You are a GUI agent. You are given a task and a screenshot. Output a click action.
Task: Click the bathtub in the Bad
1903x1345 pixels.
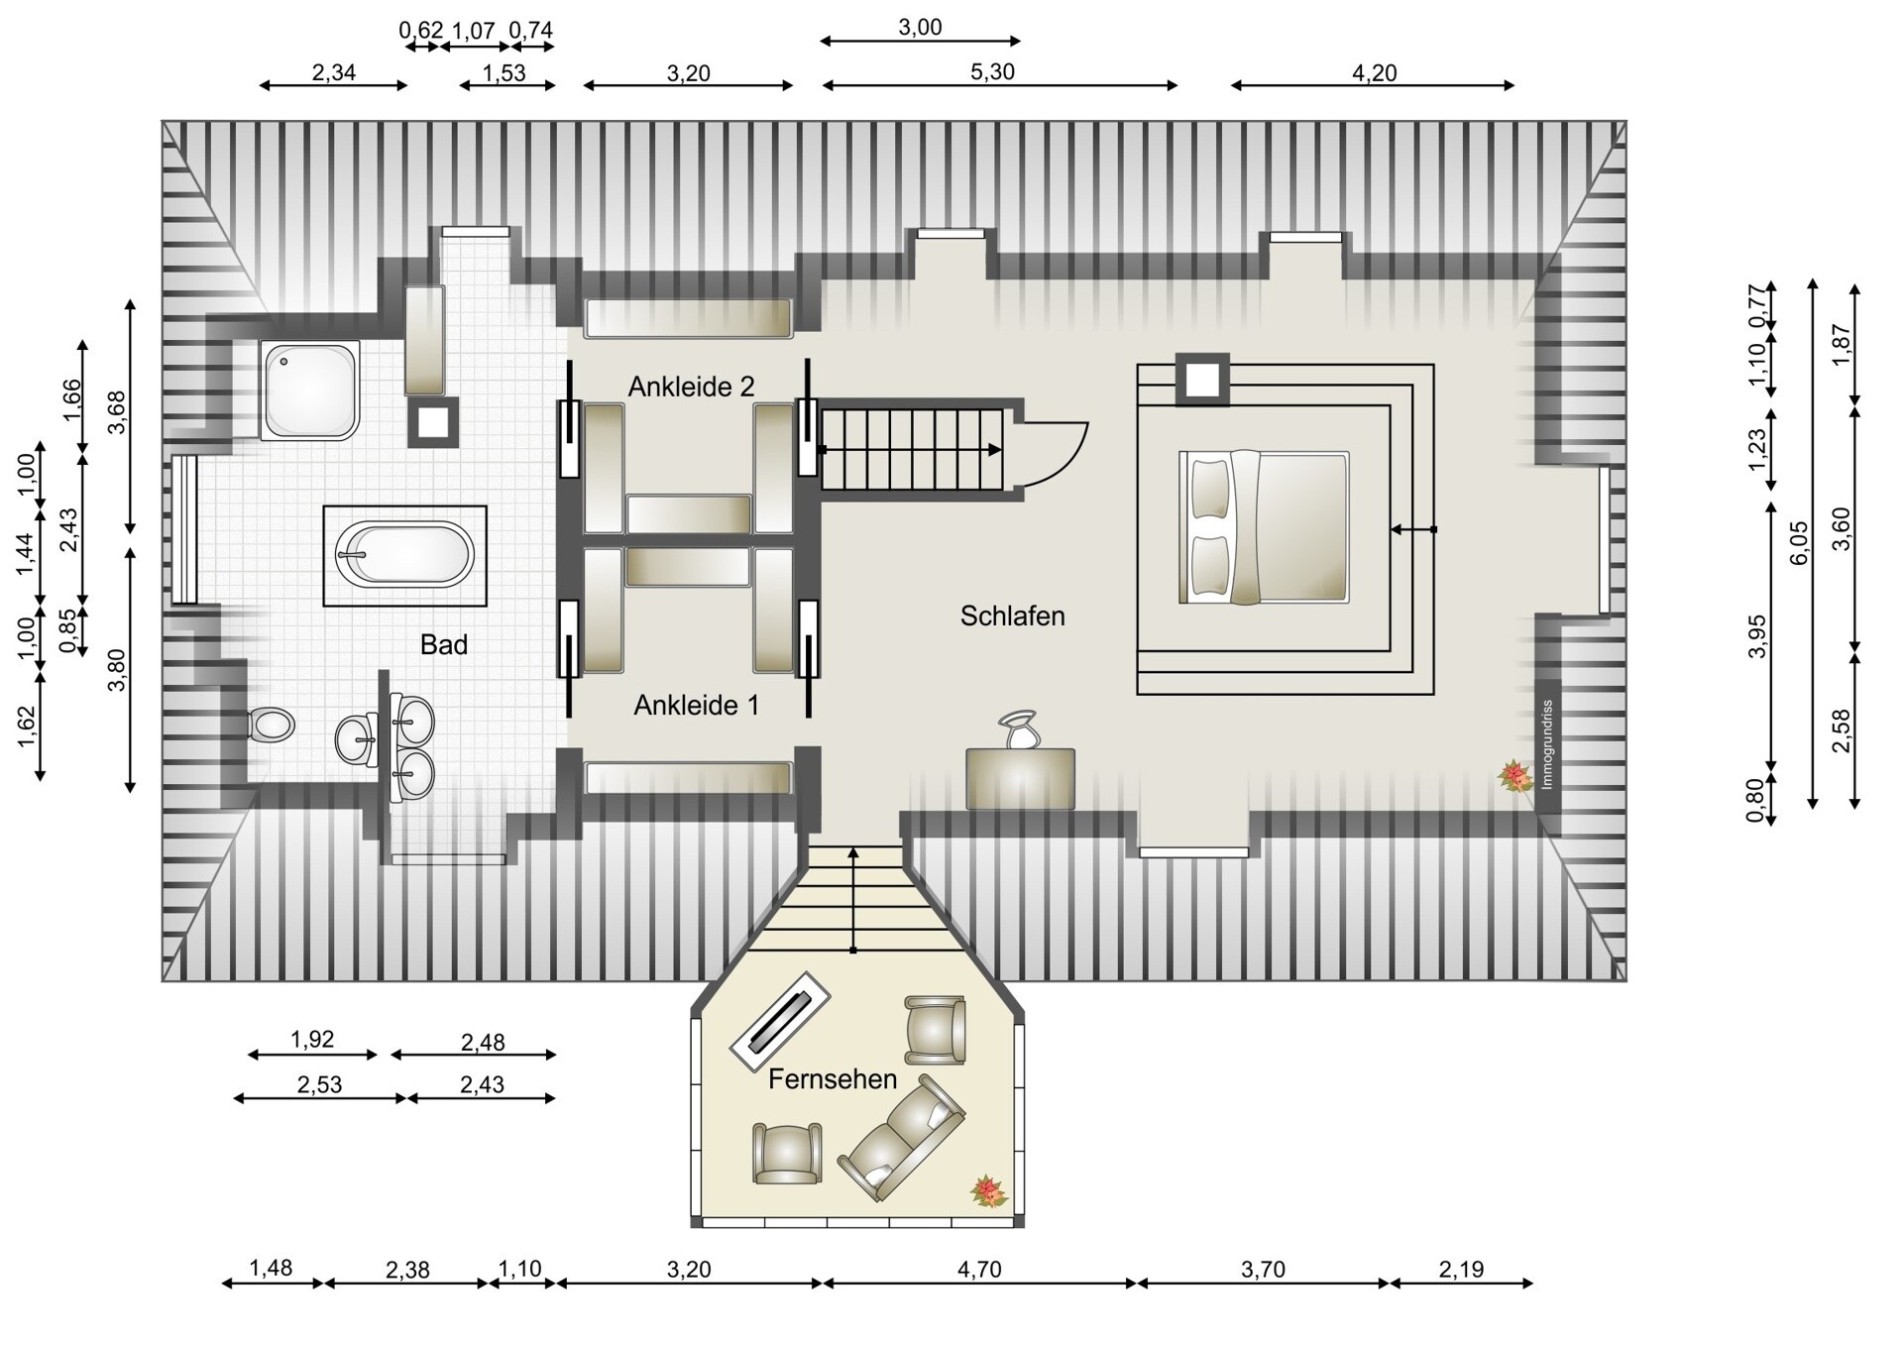(404, 555)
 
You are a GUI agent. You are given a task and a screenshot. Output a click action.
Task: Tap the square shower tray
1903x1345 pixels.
(310, 391)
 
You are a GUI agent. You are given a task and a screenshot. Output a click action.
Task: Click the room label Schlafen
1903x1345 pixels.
(1012, 616)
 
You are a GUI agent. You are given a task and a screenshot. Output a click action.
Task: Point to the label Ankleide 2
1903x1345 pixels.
(691, 387)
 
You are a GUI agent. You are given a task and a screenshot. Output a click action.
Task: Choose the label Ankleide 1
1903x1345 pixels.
(696, 705)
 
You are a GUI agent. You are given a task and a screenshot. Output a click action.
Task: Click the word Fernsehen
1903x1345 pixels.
(832, 1078)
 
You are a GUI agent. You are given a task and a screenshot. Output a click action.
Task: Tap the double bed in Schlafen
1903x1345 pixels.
(1264, 528)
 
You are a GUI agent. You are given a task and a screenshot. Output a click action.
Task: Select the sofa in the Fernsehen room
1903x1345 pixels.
(901, 1137)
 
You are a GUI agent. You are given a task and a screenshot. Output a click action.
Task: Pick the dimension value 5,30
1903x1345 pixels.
(992, 72)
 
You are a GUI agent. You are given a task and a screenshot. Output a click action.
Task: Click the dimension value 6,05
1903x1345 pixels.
(1799, 543)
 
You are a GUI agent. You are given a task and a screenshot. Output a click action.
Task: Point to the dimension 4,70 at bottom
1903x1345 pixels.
(979, 1269)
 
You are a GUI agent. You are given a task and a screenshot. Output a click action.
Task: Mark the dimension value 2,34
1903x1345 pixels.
(333, 72)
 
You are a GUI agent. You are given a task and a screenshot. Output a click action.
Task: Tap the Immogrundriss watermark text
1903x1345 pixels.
(1546, 744)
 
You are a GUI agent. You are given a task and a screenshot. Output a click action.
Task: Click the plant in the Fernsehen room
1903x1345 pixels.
(988, 1190)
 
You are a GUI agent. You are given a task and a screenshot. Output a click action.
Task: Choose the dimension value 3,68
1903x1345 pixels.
(118, 413)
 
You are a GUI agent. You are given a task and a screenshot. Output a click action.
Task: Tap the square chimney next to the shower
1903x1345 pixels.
(433, 423)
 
